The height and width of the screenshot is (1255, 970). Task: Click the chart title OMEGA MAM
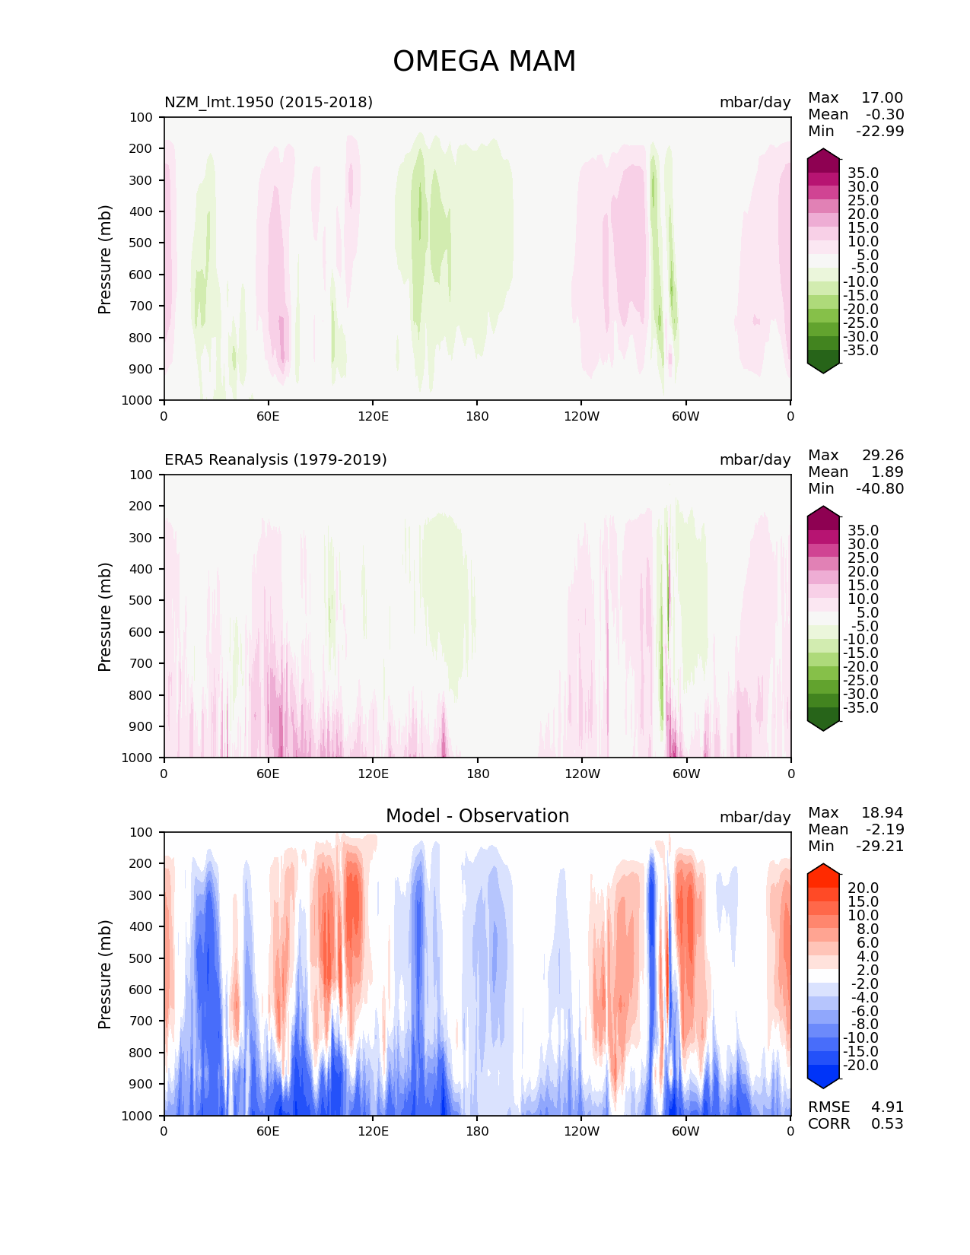coord(484,62)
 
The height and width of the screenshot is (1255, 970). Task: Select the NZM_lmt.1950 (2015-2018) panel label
coord(269,102)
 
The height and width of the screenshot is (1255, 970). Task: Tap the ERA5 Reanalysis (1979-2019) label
coord(275,459)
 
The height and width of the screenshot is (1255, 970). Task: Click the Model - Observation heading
coord(477,816)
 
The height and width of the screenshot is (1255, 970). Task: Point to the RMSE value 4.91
coord(887,1107)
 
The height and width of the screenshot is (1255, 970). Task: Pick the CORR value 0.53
coord(887,1123)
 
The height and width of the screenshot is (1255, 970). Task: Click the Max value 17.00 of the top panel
coord(882,97)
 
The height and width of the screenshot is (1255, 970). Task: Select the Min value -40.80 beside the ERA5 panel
coord(879,488)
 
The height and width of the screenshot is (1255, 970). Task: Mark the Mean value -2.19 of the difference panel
coord(884,829)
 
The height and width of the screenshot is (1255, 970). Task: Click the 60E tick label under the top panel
coord(268,416)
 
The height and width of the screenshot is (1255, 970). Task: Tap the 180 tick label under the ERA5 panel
coord(477,774)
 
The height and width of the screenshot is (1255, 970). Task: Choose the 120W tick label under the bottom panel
coord(581,1131)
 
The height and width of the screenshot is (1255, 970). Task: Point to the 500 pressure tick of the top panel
coord(140,243)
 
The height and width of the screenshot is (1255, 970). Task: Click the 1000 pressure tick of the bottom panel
coord(137,1116)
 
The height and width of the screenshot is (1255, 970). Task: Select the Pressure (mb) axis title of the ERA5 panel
coord(105,616)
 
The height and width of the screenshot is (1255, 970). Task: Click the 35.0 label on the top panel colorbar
coord(863,173)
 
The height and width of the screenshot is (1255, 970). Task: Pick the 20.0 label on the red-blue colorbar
coord(863,888)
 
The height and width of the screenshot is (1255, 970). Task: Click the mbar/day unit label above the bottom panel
coord(755,817)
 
